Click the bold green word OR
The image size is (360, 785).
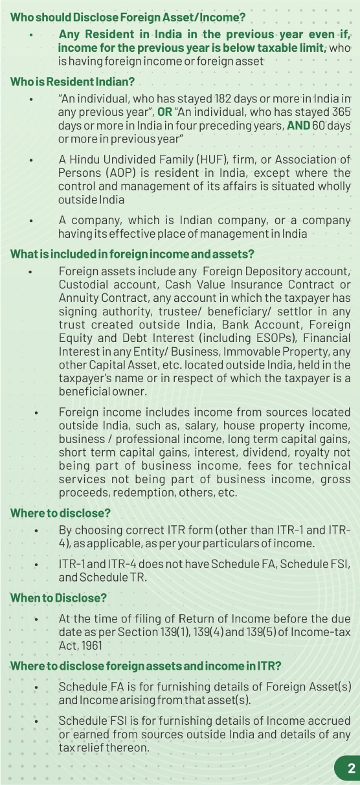point(164,111)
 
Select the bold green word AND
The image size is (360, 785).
point(298,124)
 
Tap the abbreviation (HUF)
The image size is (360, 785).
point(189,159)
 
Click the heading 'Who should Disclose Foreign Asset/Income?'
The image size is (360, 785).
point(128,17)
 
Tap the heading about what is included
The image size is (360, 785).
point(133,254)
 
